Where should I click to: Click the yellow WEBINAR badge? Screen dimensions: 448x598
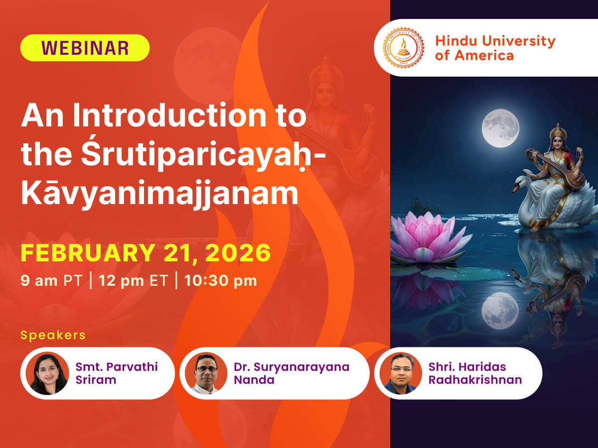coord(85,48)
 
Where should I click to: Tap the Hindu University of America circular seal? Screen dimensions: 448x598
coord(403,48)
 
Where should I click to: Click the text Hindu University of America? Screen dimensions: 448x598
coord(494,48)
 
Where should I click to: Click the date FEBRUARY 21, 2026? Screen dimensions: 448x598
coord(146,253)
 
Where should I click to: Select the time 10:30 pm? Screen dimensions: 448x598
coord(220,280)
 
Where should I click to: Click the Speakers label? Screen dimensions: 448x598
coord(53,335)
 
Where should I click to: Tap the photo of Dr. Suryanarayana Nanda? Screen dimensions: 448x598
coord(206,373)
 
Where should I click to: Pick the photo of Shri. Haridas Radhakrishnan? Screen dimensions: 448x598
coord(401,373)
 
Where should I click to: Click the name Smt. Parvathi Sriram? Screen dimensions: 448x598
coord(117,373)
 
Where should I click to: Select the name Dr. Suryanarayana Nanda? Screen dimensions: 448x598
coord(292,373)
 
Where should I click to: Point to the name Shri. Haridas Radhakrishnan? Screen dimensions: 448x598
coord(475,373)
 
